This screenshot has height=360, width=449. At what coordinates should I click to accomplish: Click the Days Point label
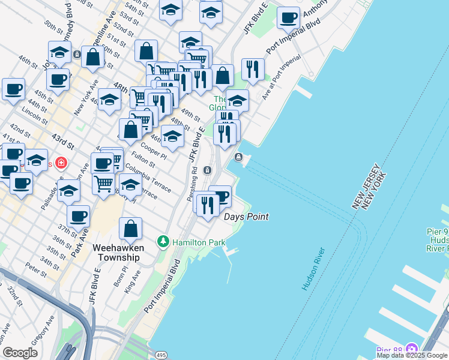pyautogui.click(x=246, y=217)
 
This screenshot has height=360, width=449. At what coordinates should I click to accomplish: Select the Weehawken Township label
pyautogui.click(x=116, y=252)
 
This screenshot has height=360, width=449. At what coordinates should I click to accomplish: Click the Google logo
pyautogui.click(x=20, y=353)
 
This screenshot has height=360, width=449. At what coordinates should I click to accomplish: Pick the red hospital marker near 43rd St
pyautogui.click(x=60, y=163)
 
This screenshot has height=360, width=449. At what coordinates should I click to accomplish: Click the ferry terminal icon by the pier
pyautogui.click(x=239, y=157)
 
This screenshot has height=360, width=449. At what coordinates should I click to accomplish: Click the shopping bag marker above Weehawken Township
pyautogui.click(x=130, y=229)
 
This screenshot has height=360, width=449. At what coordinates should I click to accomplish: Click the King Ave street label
pyautogui.click(x=133, y=281)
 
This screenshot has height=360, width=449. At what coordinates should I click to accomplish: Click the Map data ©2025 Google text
pyautogui.click(x=412, y=355)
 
